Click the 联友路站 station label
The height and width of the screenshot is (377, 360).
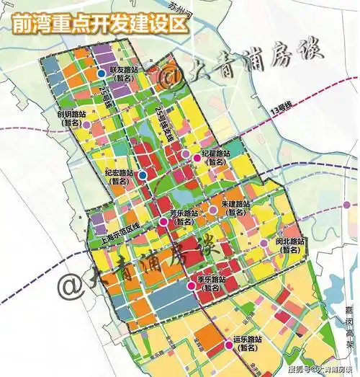[124, 73]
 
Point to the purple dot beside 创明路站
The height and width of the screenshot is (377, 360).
[86, 125]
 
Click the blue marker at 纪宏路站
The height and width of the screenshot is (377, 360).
[143, 175]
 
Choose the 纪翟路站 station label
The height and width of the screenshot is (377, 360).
[216, 158]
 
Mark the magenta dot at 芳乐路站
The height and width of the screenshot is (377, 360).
[163, 223]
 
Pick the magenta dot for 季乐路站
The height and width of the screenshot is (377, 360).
[191, 286]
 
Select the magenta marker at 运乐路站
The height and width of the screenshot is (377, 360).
[229, 346]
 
